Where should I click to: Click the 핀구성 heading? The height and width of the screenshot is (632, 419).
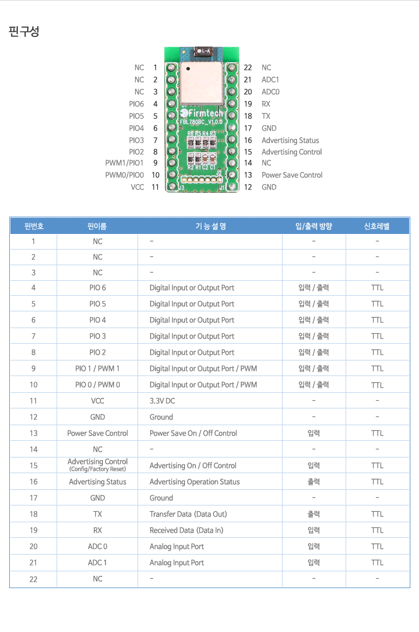pyautogui.click(x=24, y=31)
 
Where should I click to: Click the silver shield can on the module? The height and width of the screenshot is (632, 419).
pyautogui.click(x=201, y=83)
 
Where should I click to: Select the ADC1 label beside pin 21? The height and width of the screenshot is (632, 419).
pyautogui.click(x=270, y=80)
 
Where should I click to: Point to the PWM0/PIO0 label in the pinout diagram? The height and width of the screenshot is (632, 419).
pyautogui.click(x=124, y=175)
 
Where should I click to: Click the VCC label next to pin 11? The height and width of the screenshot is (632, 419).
pyautogui.click(x=137, y=187)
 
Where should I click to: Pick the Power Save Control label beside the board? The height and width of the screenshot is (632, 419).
pyautogui.click(x=292, y=175)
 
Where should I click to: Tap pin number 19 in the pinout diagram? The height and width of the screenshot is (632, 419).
pyautogui.click(x=247, y=104)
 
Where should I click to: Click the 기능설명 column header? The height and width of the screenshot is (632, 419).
pyautogui.click(x=210, y=226)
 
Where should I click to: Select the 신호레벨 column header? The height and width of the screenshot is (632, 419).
pyautogui.click(x=377, y=226)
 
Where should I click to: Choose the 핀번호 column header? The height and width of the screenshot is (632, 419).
pyautogui.click(x=34, y=226)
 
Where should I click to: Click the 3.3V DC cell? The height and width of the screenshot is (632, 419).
pyautogui.click(x=162, y=401)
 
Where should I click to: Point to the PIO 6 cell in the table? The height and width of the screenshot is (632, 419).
pyautogui.click(x=98, y=288)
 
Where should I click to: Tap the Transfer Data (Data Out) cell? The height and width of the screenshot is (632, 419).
pyautogui.click(x=188, y=514)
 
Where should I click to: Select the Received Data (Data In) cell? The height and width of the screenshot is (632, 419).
pyautogui.click(x=186, y=530)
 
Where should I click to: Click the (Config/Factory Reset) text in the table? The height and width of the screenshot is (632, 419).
pyautogui.click(x=98, y=469)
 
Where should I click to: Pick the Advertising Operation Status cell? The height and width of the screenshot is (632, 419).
pyautogui.click(x=194, y=482)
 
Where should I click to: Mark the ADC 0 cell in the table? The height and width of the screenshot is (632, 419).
pyautogui.click(x=98, y=547)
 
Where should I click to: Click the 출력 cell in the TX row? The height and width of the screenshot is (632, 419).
pyautogui.click(x=314, y=514)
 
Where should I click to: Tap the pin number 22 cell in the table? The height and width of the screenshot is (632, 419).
pyautogui.click(x=34, y=579)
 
